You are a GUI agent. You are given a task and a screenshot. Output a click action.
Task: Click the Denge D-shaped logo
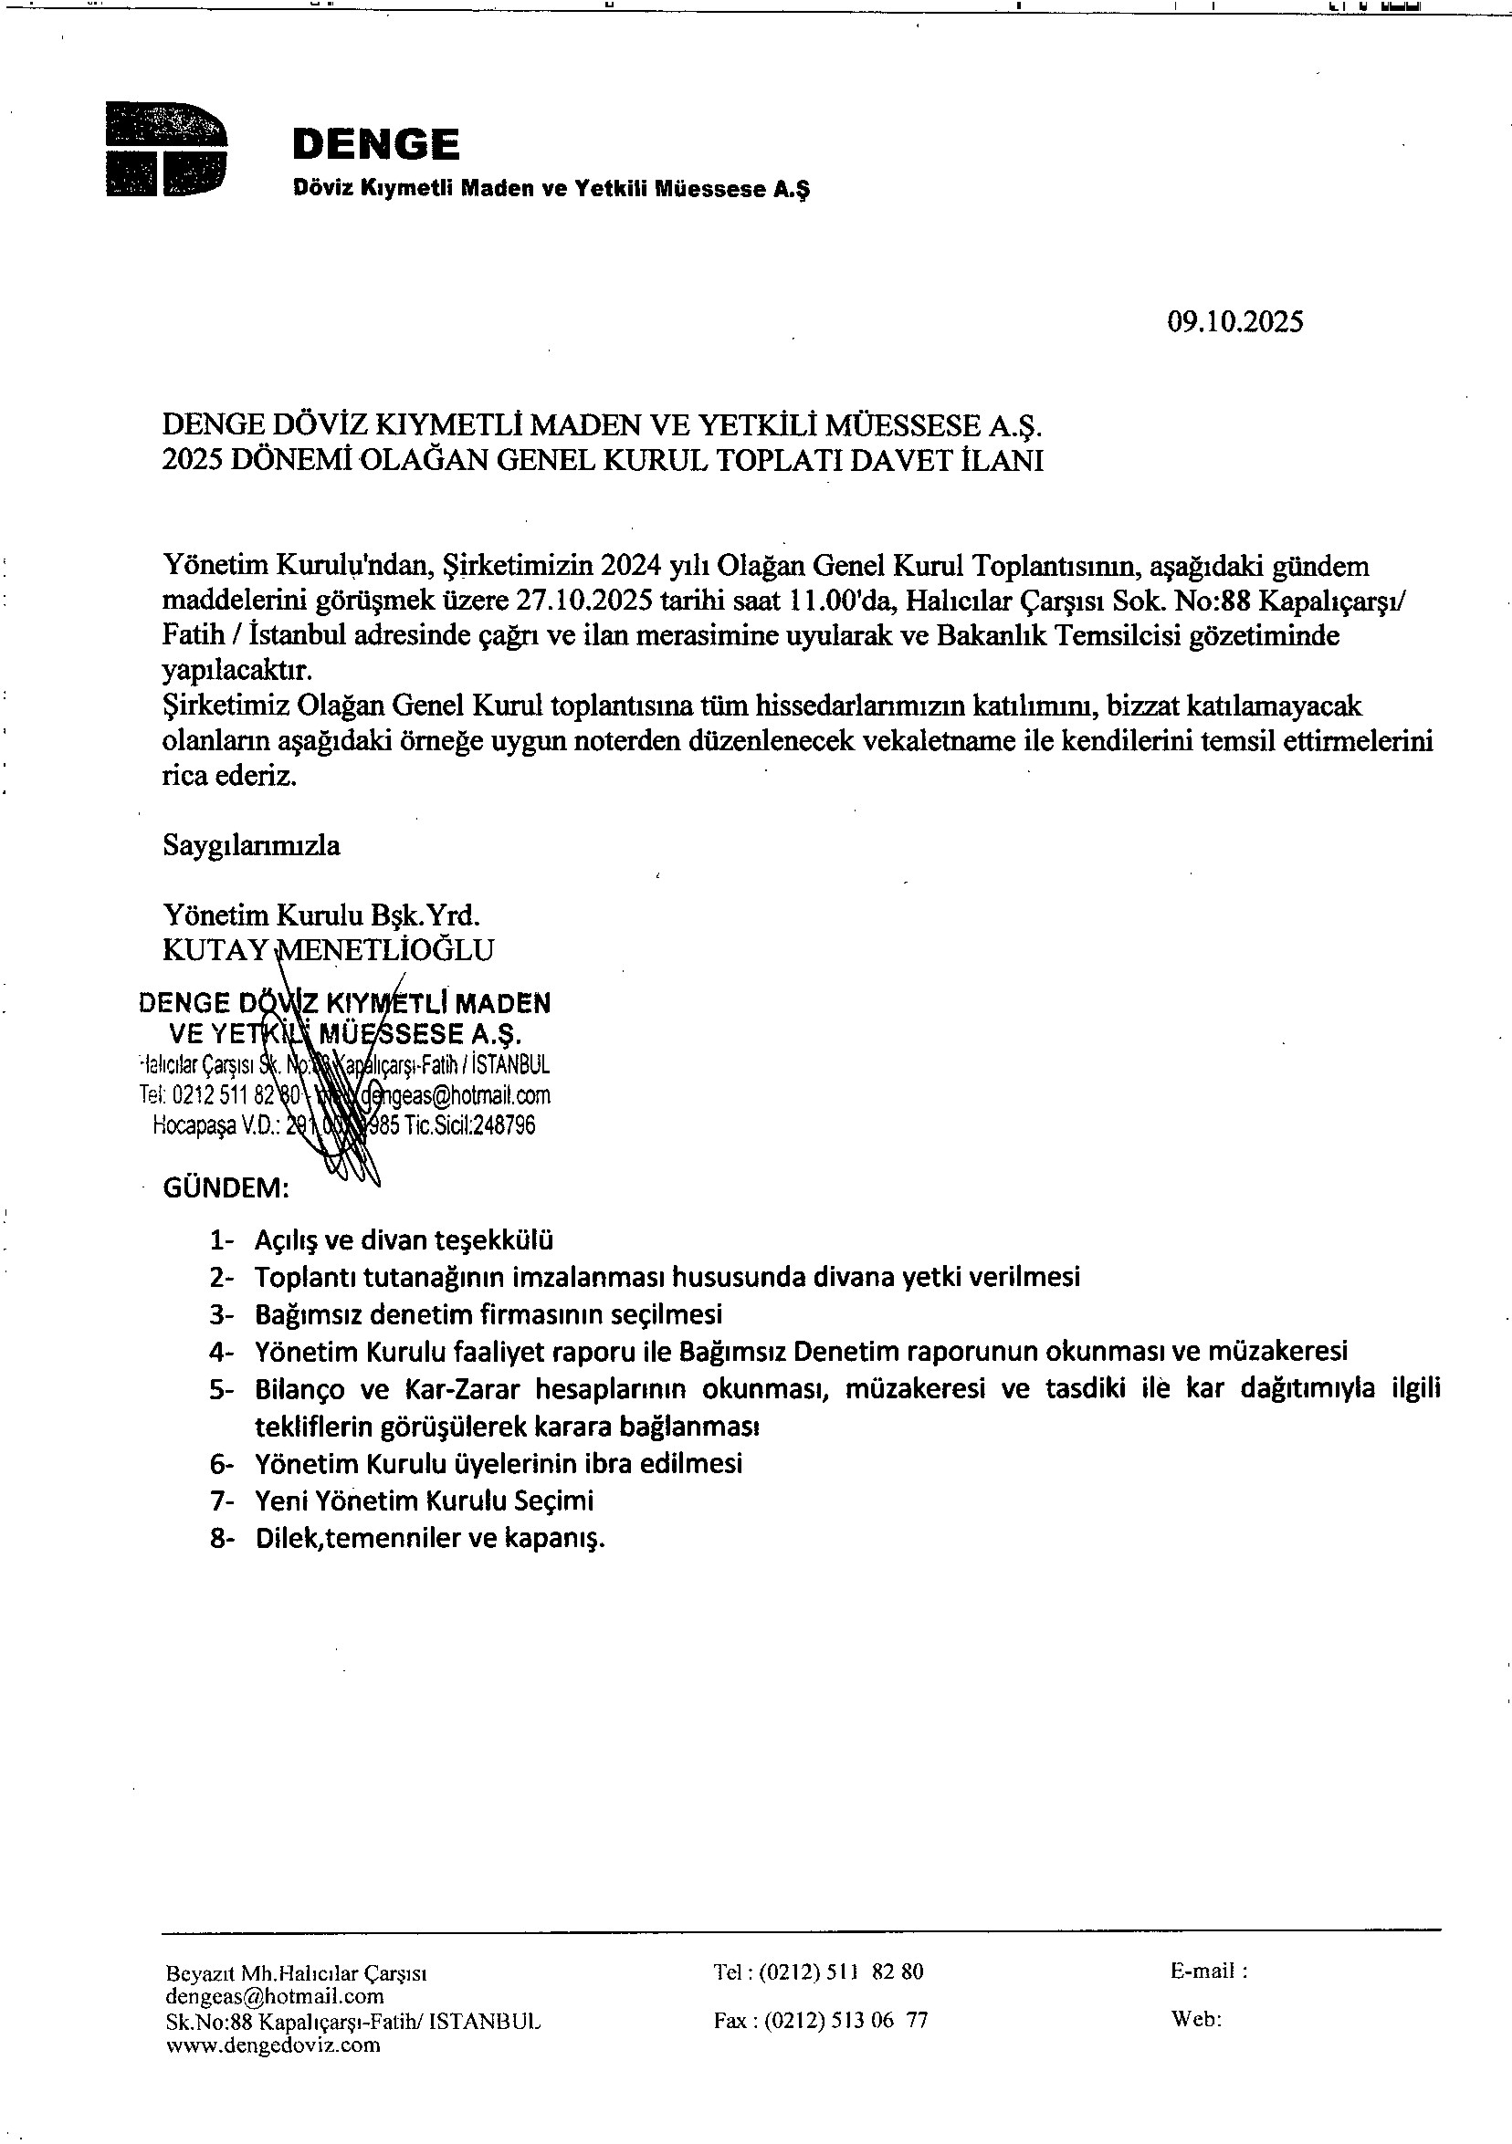point(166,150)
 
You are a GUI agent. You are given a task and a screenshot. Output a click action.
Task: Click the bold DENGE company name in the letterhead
point(375,145)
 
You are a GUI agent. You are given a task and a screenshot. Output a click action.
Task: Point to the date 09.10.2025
point(1234,322)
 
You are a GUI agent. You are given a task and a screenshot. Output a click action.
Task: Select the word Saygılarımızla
point(251,846)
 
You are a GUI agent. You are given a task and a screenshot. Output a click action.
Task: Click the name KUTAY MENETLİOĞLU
point(328,949)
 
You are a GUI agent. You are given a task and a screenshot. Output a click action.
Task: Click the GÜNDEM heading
point(226,1187)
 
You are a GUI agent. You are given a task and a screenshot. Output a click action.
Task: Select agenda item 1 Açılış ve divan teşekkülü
point(404,1240)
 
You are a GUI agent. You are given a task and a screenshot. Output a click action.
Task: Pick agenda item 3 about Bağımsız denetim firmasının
point(488,1315)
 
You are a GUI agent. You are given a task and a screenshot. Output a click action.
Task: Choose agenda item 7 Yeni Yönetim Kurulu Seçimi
point(424,1501)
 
